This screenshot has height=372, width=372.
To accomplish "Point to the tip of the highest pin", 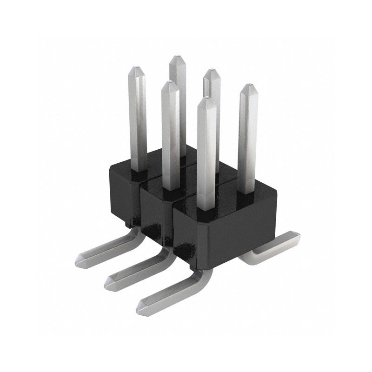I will [177, 58].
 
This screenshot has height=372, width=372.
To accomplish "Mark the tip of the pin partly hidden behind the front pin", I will [212, 72].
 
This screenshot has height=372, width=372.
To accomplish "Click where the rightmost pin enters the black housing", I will [248, 191].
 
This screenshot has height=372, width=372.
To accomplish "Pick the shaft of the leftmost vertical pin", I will [137, 121].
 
